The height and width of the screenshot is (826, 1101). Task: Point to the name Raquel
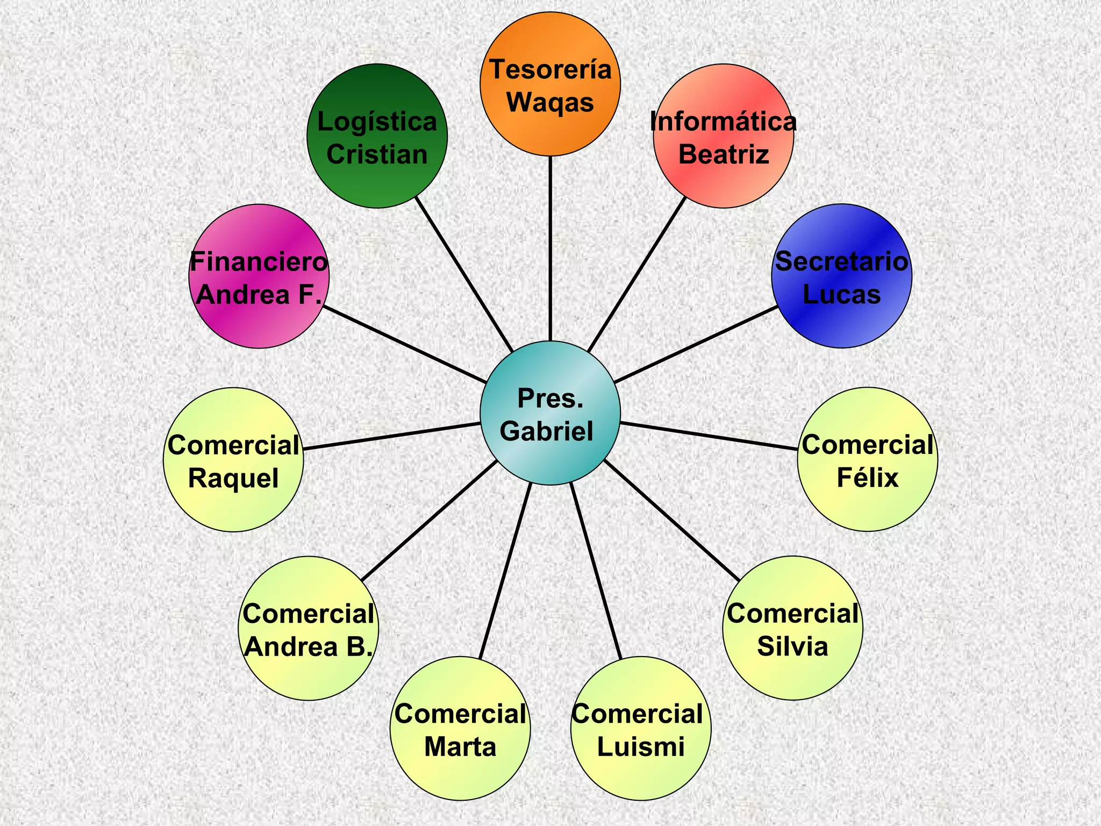(x=233, y=478)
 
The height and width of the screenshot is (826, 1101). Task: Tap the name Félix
(x=867, y=478)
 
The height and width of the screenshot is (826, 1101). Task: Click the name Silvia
(x=792, y=646)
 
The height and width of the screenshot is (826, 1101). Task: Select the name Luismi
(x=641, y=747)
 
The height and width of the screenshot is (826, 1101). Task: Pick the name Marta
(x=460, y=747)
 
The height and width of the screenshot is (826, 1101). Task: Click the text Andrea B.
(x=309, y=647)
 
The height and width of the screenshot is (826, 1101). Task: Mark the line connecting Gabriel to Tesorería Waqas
(x=550, y=247)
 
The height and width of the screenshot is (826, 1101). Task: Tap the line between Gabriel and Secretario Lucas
(x=696, y=345)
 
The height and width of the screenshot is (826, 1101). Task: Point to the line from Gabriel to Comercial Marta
(x=505, y=570)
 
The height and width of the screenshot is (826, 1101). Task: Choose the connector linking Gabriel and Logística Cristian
(x=465, y=274)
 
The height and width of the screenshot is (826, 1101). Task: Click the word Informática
(x=723, y=122)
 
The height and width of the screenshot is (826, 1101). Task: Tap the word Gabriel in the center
(x=547, y=431)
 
